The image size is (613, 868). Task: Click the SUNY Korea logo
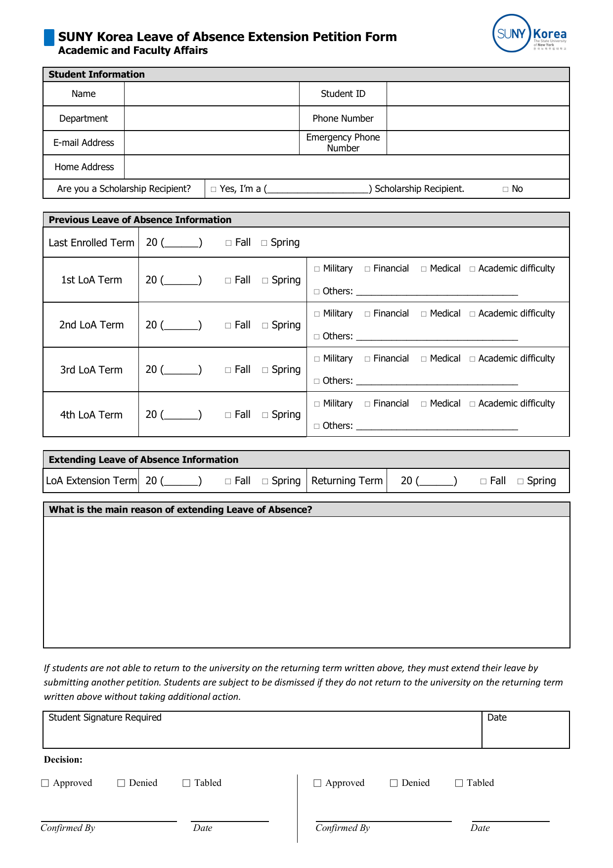pos(529,34)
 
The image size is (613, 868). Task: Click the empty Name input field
pos(212,94)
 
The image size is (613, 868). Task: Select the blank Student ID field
pos(478,94)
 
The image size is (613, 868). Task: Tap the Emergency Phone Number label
pos(343,142)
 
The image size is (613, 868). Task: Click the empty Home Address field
pos(346,167)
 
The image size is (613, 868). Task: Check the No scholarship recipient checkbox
pos(505,189)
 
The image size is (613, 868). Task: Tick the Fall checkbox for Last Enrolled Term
pos(228,243)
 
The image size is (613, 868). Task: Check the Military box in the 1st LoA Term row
pos(317,269)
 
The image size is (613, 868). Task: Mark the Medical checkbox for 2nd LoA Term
pos(424,314)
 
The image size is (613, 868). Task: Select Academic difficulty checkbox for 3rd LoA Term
pos(472,359)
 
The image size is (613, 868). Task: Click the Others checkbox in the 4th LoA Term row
pos(317,426)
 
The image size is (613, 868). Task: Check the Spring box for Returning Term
pos(521,481)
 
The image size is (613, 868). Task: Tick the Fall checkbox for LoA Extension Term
pos(228,481)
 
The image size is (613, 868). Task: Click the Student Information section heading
pos(97,75)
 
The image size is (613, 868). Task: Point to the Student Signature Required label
pos(105,718)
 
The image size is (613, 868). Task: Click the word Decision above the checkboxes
pos(63,760)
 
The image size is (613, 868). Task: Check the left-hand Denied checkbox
pos(121,783)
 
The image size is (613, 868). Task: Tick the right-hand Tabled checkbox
pos(459,783)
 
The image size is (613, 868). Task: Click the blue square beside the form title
pos(49,38)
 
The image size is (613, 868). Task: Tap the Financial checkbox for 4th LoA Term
pos(367,404)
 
